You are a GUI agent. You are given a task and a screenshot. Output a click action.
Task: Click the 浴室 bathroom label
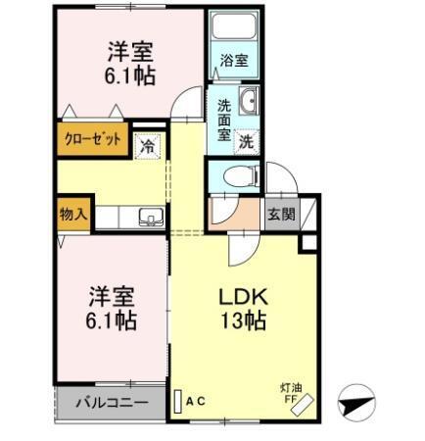[235, 62]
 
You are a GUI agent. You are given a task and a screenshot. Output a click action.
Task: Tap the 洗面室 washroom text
[224, 119]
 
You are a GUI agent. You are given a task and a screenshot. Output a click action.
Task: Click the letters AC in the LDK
[194, 401]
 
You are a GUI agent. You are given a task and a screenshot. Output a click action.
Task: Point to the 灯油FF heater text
[291, 389]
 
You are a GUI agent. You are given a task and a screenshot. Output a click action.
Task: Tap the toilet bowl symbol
[236, 176]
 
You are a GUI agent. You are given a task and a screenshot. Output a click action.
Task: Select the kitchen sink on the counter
[149, 218]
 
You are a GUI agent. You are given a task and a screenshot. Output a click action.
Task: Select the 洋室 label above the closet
[128, 50]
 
